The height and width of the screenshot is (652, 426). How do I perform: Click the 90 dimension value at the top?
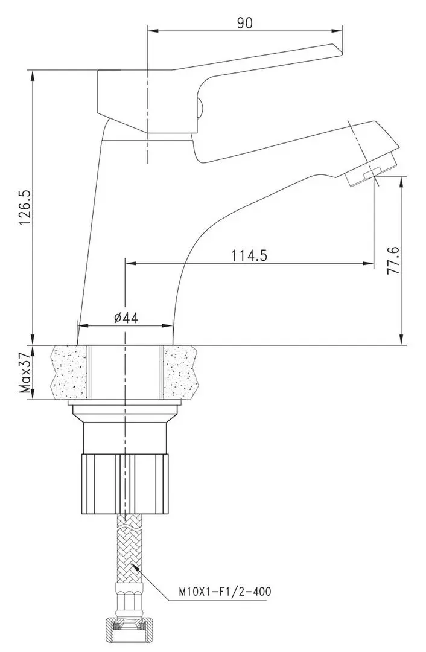coord(245,23)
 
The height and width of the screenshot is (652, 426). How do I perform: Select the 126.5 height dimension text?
coord(25,208)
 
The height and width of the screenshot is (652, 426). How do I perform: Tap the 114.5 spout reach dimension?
coord(249,255)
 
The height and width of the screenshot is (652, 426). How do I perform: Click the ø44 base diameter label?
coord(126,318)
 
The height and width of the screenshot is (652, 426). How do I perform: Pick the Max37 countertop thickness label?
coord(26,372)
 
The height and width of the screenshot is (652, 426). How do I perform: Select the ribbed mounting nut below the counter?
coord(125,484)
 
